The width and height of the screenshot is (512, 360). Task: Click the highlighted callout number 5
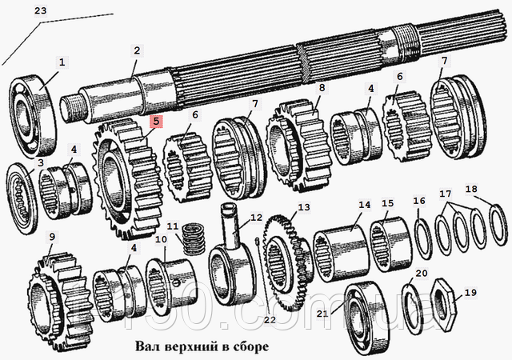[x=156, y=121]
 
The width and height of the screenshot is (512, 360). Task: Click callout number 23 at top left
[x=41, y=10]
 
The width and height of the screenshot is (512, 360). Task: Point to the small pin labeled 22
[x=258, y=242]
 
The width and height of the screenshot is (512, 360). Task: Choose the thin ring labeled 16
[x=423, y=239]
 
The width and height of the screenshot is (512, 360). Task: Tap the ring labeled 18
[x=499, y=224]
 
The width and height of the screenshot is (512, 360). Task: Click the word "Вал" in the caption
[x=146, y=346]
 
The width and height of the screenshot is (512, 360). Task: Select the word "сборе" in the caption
[x=251, y=347]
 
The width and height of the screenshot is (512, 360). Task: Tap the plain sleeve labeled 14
[x=341, y=254]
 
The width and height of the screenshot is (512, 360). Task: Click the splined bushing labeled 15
[x=390, y=244]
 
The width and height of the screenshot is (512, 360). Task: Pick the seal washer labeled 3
[x=22, y=198]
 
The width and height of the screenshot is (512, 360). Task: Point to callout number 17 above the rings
[x=446, y=194]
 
